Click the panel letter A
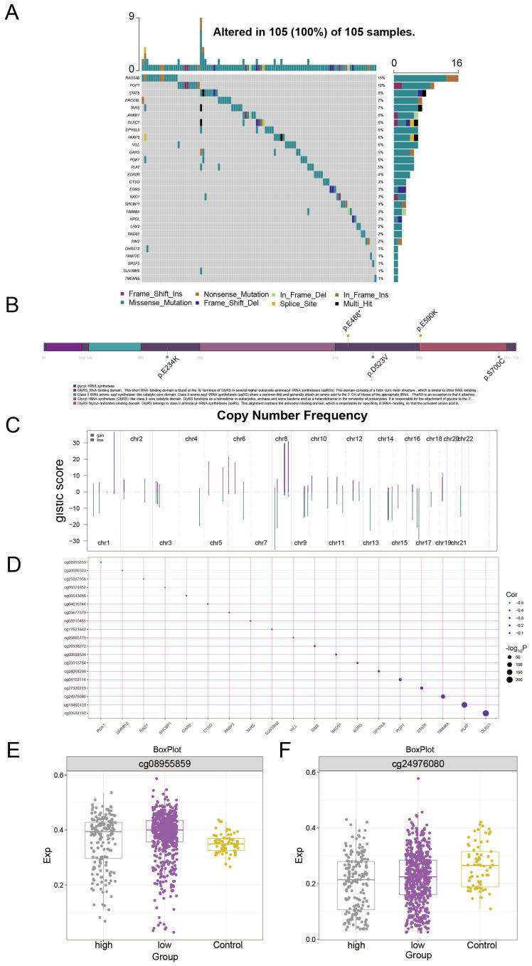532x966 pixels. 12,14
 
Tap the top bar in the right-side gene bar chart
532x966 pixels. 425,77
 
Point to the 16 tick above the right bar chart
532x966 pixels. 456,63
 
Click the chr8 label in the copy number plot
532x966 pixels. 281,439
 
